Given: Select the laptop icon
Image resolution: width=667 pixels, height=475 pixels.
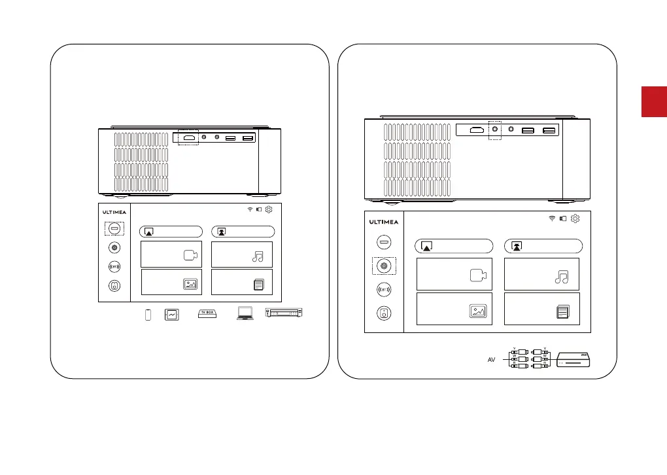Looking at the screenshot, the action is coord(246,315).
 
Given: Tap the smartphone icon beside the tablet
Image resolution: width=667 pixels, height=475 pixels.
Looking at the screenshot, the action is coord(147,315).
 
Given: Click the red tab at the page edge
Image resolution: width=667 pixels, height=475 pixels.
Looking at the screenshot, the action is coord(654,101).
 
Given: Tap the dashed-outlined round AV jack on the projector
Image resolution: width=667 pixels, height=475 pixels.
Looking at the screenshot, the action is coord(494,130).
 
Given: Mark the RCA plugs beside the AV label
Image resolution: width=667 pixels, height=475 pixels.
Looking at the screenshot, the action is coord(528,360).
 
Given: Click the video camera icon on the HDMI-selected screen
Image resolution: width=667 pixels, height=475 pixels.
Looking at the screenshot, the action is coord(190,256).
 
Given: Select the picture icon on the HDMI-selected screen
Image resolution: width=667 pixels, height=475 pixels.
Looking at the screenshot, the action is coord(190,284).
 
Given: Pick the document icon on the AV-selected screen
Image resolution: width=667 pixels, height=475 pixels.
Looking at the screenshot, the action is coord(562,311).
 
